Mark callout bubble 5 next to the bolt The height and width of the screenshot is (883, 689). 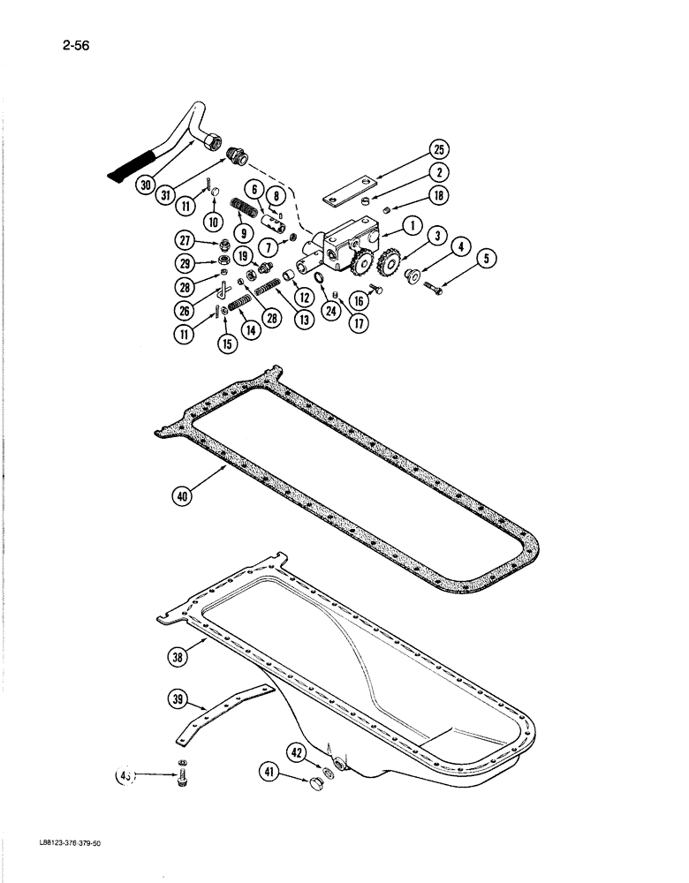click(x=485, y=260)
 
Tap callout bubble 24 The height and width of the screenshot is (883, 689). click(x=331, y=310)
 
